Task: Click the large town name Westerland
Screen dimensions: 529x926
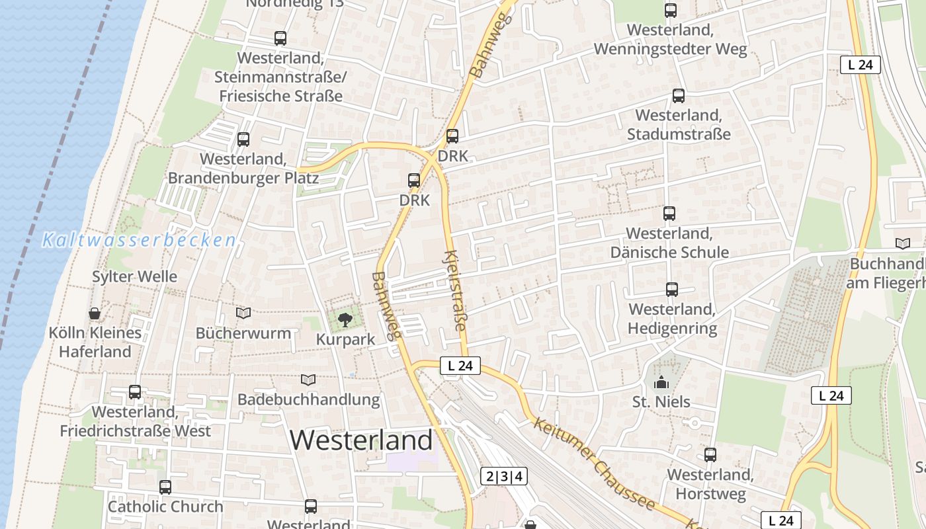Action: point(361,440)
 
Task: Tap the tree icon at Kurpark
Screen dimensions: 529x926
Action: point(345,321)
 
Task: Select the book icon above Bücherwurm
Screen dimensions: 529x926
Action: point(243,313)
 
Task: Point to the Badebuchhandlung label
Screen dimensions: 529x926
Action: point(308,399)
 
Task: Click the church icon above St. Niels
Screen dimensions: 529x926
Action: point(661,382)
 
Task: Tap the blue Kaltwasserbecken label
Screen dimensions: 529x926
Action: point(139,240)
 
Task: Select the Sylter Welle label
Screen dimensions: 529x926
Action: point(134,276)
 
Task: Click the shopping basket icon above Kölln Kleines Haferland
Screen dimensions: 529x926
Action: point(95,313)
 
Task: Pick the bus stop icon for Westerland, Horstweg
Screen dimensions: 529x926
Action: point(710,455)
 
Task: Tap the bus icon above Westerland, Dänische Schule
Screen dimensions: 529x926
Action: point(669,214)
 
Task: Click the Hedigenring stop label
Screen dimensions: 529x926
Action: point(672,319)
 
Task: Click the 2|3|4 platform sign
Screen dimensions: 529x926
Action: point(504,476)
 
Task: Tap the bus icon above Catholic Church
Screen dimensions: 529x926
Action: point(165,487)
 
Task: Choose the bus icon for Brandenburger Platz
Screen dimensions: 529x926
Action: point(243,140)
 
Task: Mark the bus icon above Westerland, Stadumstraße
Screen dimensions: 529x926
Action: point(679,96)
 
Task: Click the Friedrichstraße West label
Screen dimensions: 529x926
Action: point(135,421)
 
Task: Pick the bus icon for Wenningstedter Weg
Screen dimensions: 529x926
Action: point(671,11)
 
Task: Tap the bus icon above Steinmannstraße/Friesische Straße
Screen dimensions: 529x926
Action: point(280,38)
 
